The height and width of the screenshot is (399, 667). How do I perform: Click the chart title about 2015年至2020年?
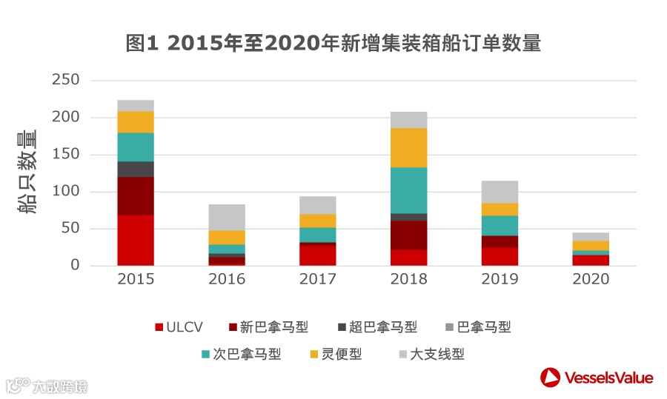(333, 44)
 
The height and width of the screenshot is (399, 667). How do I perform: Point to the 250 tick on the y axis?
(66, 80)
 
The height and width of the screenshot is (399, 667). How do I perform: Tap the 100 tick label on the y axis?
(66, 191)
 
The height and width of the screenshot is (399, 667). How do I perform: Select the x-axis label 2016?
(227, 279)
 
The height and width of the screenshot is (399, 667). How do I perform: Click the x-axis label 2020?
(591, 279)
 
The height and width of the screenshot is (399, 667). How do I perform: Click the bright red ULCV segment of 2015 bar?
(136, 240)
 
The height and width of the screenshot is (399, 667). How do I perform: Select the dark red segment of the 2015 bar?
(136, 195)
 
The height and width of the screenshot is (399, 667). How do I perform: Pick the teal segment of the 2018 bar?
(408, 190)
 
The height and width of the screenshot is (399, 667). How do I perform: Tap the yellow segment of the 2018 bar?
(408, 147)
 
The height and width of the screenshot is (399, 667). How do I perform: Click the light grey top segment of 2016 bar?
(227, 217)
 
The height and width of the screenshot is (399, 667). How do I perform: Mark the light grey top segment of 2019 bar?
(500, 192)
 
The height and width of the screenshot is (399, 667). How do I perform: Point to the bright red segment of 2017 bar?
(318, 255)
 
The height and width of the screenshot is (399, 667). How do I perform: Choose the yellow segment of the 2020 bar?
(591, 245)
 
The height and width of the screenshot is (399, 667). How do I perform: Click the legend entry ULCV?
(178, 327)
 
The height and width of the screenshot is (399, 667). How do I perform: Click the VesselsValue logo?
(597, 378)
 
